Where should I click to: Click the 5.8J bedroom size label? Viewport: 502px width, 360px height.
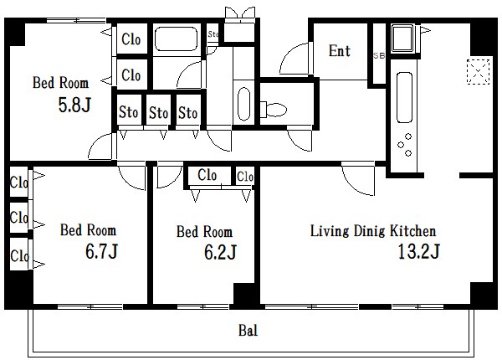click(x=74, y=105)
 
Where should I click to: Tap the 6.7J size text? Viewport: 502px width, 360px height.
click(x=101, y=251)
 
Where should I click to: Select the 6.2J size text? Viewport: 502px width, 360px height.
click(x=221, y=252)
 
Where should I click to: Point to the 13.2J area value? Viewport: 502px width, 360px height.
click(x=419, y=251)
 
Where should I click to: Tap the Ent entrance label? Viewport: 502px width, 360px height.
click(x=340, y=50)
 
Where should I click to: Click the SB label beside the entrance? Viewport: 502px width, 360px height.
click(x=379, y=55)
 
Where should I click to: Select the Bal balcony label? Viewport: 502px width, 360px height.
click(x=248, y=330)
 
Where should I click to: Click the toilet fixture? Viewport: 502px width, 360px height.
click(x=273, y=110)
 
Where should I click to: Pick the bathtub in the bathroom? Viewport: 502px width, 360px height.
click(x=176, y=39)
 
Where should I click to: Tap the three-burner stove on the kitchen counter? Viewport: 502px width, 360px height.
click(x=405, y=145)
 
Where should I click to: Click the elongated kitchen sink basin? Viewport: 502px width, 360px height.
click(x=404, y=97)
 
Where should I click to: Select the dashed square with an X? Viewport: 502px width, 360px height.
click(x=479, y=72)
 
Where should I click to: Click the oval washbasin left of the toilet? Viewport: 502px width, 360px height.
click(x=244, y=104)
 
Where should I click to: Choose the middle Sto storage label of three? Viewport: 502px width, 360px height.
click(x=158, y=113)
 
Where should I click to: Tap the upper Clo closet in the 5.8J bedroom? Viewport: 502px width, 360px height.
click(x=131, y=39)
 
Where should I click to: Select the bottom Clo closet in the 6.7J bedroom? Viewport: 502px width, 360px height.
click(x=19, y=256)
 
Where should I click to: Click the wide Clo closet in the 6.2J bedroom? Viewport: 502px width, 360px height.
click(x=207, y=175)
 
